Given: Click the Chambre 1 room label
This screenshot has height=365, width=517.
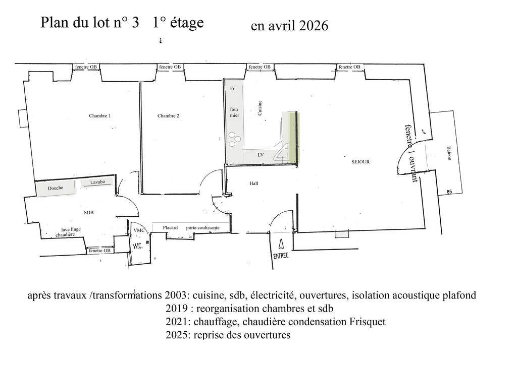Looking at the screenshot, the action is point(100,115).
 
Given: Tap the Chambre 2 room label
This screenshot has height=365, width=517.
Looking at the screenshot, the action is point(168,115).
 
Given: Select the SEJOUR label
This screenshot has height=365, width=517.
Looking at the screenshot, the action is point(360,162).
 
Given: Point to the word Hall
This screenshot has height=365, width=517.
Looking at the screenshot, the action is point(254,184).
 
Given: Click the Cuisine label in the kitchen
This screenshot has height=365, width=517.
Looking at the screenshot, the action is point(260,108).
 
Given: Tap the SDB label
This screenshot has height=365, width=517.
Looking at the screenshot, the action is point(89,213).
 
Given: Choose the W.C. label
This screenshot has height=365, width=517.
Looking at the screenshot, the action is point(138,246).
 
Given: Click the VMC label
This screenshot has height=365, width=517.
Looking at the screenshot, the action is point(139,230).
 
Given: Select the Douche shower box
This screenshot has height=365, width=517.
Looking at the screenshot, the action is point(56,188).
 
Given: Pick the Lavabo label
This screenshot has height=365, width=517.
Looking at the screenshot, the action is point(97,182).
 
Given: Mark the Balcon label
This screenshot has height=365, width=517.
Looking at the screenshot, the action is point(449,153).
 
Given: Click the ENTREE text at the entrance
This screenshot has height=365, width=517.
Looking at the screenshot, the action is point(281,256).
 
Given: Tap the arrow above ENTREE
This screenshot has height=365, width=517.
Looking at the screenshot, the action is point(281,244).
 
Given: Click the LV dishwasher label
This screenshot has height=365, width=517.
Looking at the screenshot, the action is point(261,155).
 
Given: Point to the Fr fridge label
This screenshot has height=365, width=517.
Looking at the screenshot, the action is point(232,89).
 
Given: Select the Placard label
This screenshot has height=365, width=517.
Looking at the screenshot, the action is point(170,227).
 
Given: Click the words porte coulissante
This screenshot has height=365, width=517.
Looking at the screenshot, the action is point(203,228).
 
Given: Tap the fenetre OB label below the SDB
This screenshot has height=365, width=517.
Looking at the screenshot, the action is point(99,251).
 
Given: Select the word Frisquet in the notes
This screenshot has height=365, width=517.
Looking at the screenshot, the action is point(368,322).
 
